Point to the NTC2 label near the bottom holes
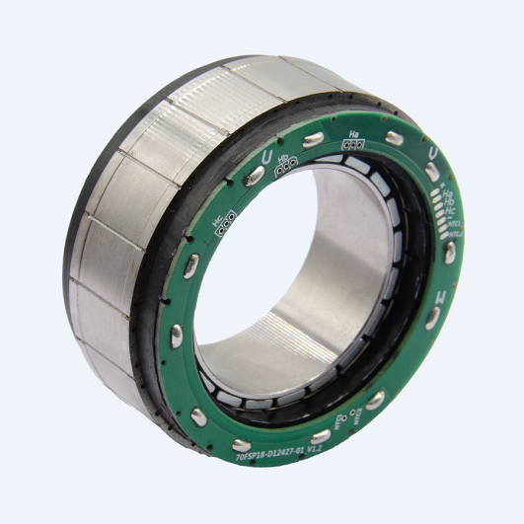click(358, 412)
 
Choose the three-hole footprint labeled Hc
click(229, 218)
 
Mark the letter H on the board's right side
click(444, 293)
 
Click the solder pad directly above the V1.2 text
click(321, 434)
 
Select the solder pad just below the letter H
click(434, 318)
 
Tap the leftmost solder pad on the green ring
click(177, 336)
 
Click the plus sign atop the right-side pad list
click(443, 185)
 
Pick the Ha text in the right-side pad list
click(449, 194)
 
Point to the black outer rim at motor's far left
click(71, 247)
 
